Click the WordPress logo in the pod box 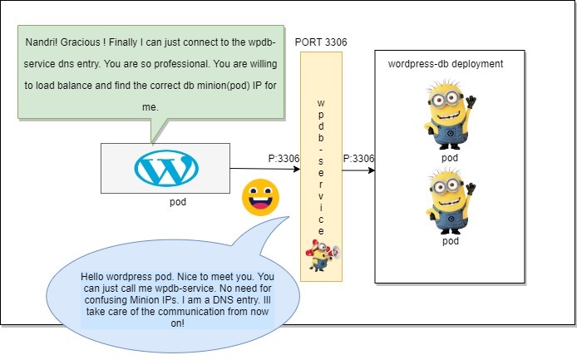click(166, 168)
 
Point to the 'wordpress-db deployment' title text click(445, 63)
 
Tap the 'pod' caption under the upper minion click(450, 157)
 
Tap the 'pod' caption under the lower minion click(450, 241)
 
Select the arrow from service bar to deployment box click(358, 170)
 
